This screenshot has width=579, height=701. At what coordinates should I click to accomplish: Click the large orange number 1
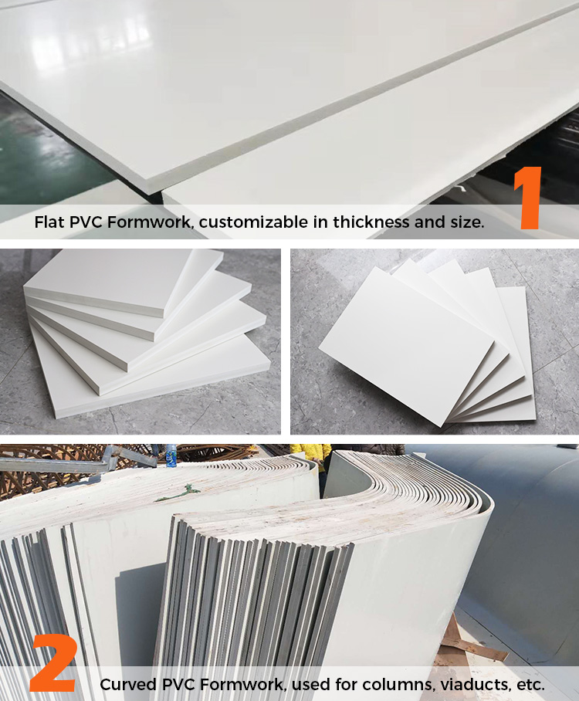click(529, 198)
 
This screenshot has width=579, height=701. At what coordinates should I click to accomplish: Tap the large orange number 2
click(54, 662)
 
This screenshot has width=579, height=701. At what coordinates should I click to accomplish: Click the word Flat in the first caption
click(49, 222)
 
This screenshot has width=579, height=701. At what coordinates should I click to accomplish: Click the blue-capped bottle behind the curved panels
click(171, 455)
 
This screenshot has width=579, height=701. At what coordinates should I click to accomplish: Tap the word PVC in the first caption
click(86, 222)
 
